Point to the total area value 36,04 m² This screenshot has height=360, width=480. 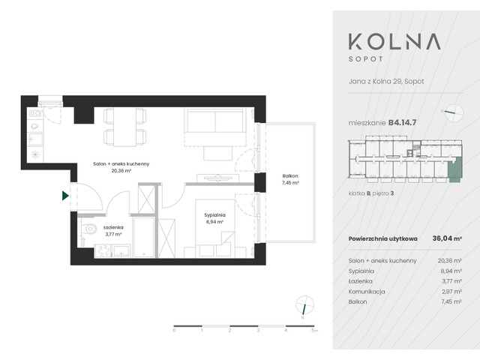pos(447,238)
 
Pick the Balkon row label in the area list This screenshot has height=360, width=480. pos(358,301)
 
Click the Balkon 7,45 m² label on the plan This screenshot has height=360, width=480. pos(290,178)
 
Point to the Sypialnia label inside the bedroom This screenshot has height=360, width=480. pos(216,218)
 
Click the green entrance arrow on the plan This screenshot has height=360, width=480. pos(66,196)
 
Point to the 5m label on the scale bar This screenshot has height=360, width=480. pos(315,330)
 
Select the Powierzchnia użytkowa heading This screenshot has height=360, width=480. pos(383,238)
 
